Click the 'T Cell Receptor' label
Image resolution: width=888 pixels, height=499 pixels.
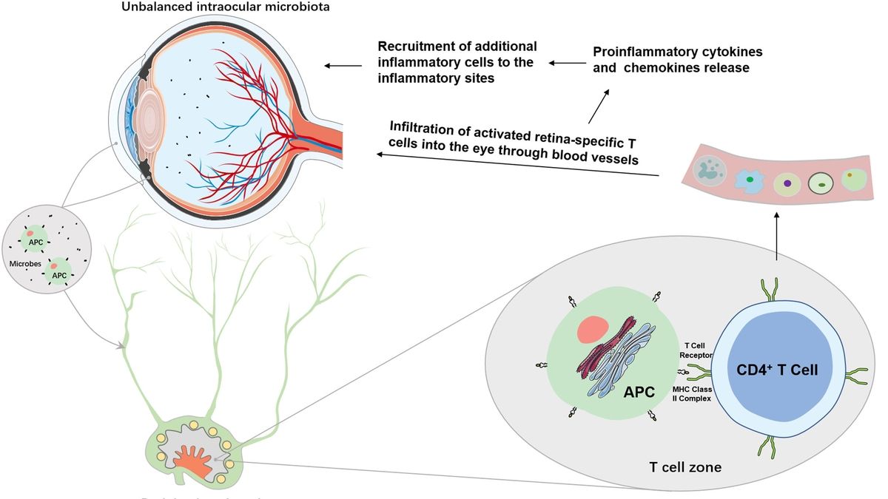695,350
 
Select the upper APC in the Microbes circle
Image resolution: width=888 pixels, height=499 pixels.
36,241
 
